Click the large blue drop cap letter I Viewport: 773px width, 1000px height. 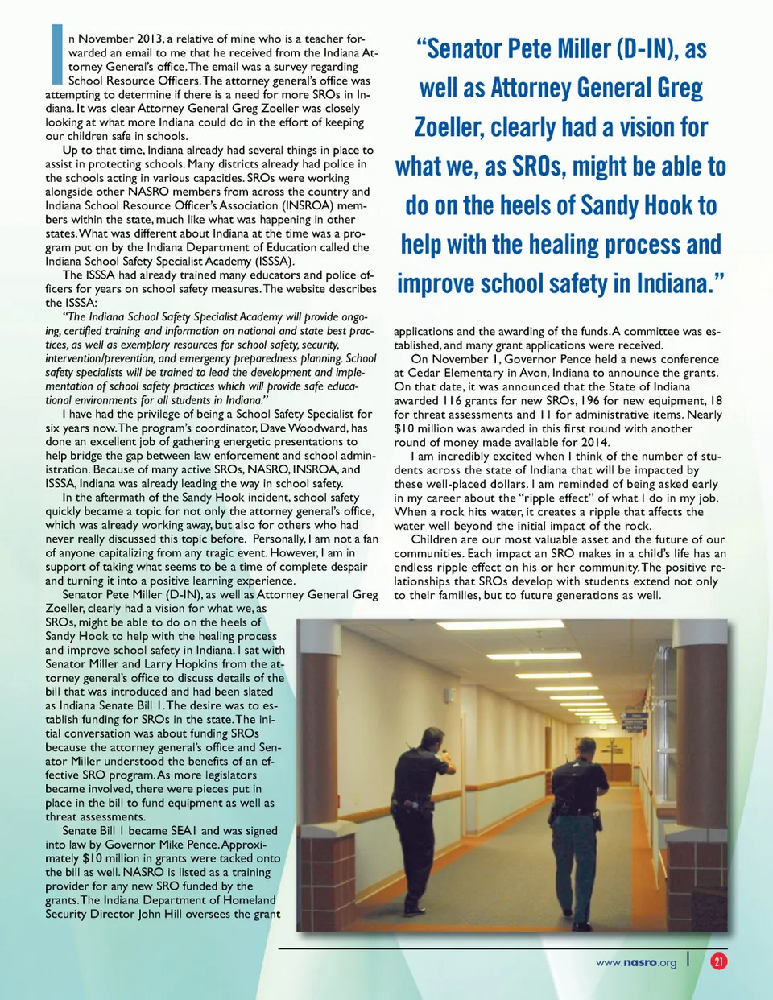pyautogui.click(x=56, y=54)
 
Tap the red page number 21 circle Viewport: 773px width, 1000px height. pyautogui.click(x=718, y=961)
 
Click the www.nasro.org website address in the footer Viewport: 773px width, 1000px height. pyautogui.click(x=635, y=962)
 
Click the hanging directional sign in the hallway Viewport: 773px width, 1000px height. pyautogui.click(x=636, y=721)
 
